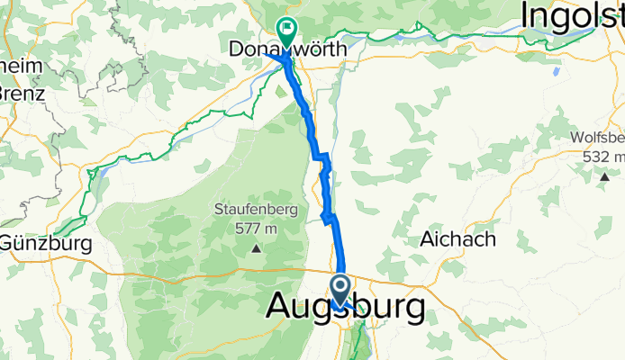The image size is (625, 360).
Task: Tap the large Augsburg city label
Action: pos(346,309)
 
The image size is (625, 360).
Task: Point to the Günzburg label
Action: pos(46,243)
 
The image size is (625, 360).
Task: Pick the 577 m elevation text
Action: pos(256,228)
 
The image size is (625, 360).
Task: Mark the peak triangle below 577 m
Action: pos(257,248)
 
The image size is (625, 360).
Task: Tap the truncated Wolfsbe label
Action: pos(597,139)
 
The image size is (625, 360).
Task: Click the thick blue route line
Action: pos(340,243)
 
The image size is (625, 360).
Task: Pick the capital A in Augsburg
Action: pos(280,309)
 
